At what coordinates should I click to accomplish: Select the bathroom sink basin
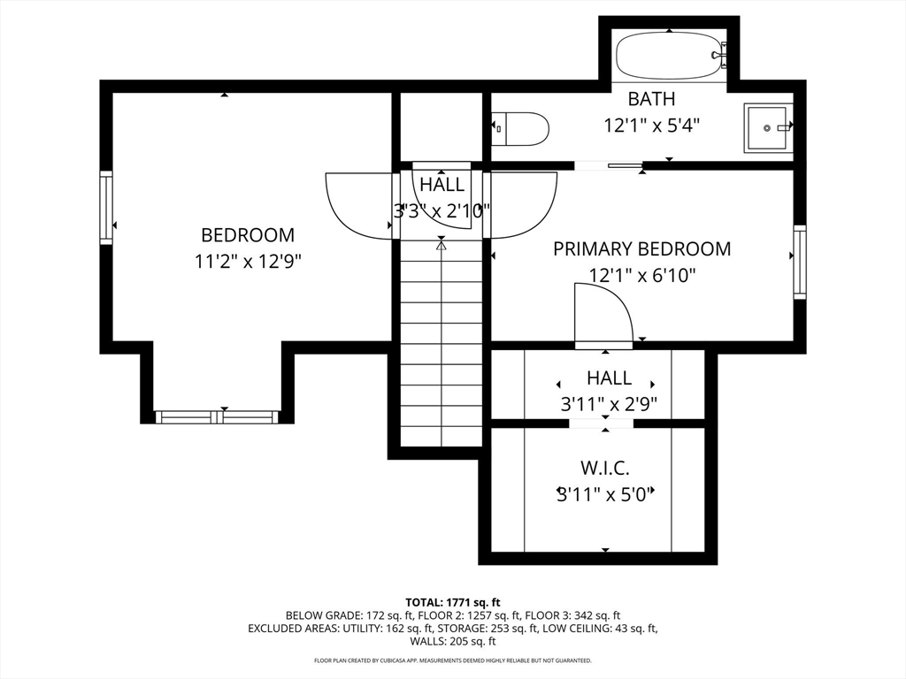(x=768, y=128)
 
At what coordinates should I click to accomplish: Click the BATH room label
(x=651, y=99)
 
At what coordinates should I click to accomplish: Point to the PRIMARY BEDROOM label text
(x=642, y=248)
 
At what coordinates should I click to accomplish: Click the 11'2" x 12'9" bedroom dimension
(x=248, y=262)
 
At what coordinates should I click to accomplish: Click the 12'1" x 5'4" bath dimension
(x=652, y=125)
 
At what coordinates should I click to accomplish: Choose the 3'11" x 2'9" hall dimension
(x=609, y=403)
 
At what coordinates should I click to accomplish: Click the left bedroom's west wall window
(x=106, y=208)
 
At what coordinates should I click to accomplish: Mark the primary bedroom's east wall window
(x=800, y=262)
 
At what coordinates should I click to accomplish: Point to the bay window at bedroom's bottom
(x=218, y=417)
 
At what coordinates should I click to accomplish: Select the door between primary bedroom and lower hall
(x=604, y=317)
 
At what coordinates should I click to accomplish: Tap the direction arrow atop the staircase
(x=441, y=245)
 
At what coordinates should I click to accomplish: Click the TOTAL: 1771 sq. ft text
(x=453, y=603)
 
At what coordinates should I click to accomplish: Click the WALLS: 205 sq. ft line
(x=453, y=641)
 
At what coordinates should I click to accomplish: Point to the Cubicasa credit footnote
(x=453, y=660)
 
